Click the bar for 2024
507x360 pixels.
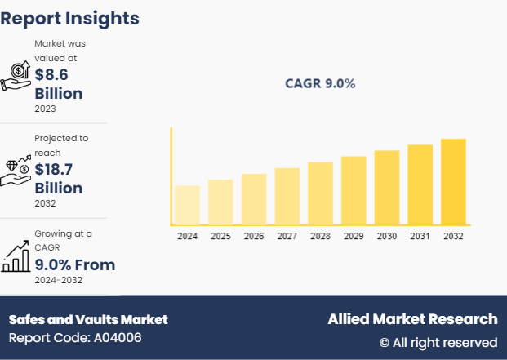(187, 204)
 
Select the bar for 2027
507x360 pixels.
(287, 196)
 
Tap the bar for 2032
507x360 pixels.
(453, 181)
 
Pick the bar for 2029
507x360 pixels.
(354, 189)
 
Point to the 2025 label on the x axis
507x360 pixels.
(220, 236)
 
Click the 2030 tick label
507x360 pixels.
(387, 236)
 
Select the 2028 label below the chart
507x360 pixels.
(320, 236)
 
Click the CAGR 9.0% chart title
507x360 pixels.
(320, 83)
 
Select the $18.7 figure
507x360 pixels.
(58, 169)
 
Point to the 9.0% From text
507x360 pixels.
(74, 264)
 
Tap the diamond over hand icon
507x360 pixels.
(16, 170)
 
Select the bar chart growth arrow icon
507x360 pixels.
(16, 256)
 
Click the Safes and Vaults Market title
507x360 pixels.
(88, 319)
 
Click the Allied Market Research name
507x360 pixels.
(412, 319)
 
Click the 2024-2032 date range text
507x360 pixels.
(58, 281)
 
